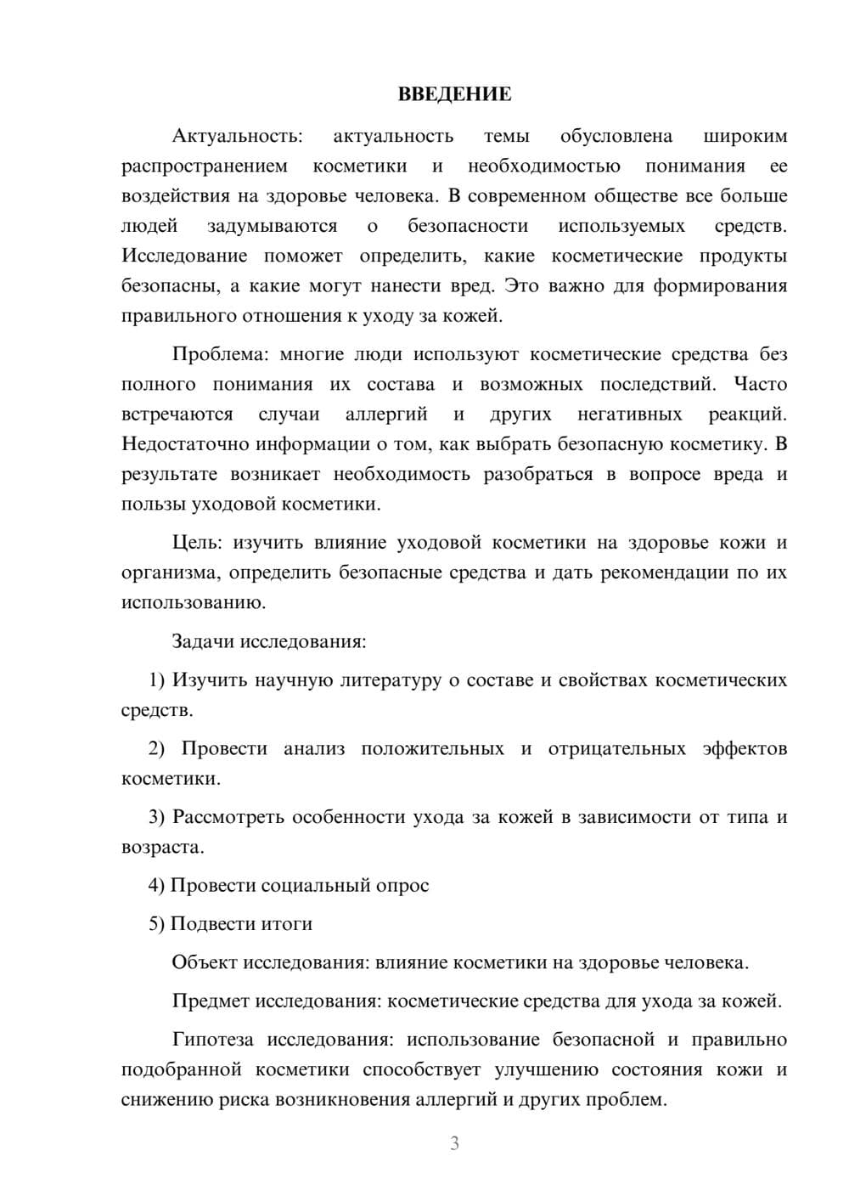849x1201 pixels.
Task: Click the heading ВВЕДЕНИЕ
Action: (454, 94)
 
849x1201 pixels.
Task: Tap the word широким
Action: (745, 136)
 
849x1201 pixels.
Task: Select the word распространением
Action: (205, 166)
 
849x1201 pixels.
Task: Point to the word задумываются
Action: (272, 226)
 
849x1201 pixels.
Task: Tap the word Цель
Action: (195, 543)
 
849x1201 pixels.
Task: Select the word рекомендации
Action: (665, 572)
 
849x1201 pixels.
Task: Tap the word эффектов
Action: (745, 749)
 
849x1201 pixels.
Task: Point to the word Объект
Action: (205, 963)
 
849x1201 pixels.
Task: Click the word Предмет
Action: (211, 1001)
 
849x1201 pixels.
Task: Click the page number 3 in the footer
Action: (454, 1143)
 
